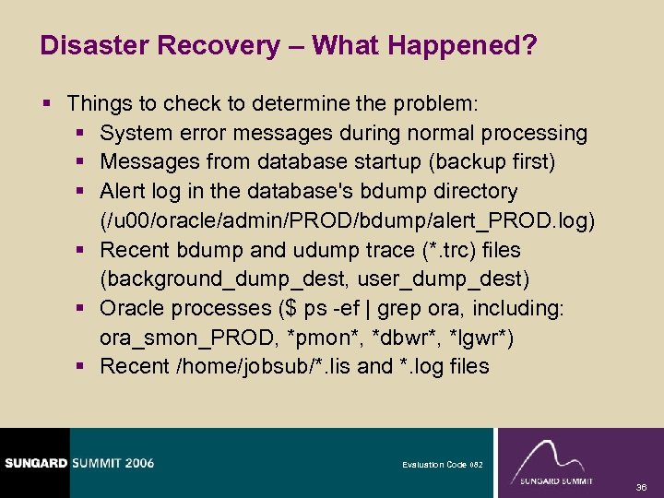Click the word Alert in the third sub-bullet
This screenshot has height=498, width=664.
pyautogui.click(x=124, y=191)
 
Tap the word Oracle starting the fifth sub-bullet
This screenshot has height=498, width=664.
pyautogui.click(x=133, y=308)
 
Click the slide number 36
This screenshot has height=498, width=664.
pyautogui.click(x=640, y=485)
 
